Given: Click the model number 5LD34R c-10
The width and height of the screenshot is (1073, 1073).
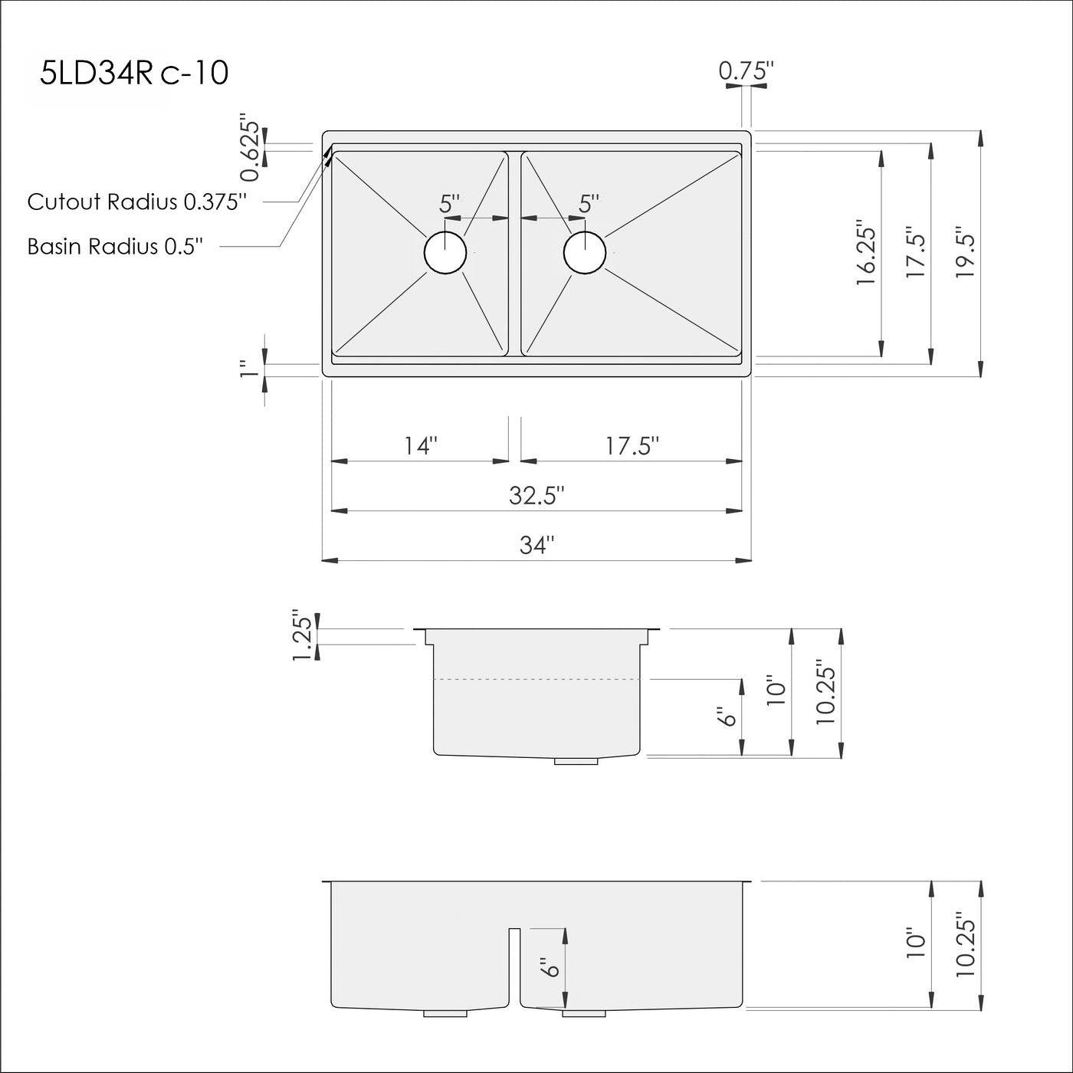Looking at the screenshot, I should pyautogui.click(x=134, y=74).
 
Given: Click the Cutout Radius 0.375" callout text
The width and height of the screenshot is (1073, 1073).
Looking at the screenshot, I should pyautogui.click(x=137, y=202).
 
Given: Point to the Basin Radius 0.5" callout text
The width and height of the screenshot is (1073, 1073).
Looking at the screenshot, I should pyautogui.click(x=115, y=246).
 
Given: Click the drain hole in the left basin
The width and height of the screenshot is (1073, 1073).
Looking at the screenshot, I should pyautogui.click(x=445, y=252).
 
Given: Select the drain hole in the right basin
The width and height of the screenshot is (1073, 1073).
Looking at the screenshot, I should pyautogui.click(x=584, y=252).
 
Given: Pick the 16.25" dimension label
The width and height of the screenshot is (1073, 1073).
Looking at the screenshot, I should pyautogui.click(x=865, y=255).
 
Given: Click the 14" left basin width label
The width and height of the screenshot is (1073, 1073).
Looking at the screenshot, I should pyautogui.click(x=421, y=445).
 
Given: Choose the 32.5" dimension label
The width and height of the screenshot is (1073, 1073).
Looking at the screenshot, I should pyautogui.click(x=536, y=496).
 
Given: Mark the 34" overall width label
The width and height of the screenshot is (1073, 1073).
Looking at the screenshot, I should pyautogui.click(x=536, y=545).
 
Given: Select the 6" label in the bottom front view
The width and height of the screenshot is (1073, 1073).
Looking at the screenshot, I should pyautogui.click(x=550, y=967).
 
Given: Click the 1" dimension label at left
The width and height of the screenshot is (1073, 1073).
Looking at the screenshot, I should pyautogui.click(x=247, y=369).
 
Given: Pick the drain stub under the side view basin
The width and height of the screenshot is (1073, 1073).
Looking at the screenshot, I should pyautogui.click(x=576, y=761).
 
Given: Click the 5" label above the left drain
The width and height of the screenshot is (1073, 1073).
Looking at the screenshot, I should pyautogui.click(x=450, y=204).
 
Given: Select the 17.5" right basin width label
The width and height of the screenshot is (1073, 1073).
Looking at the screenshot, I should pyautogui.click(x=632, y=445).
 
